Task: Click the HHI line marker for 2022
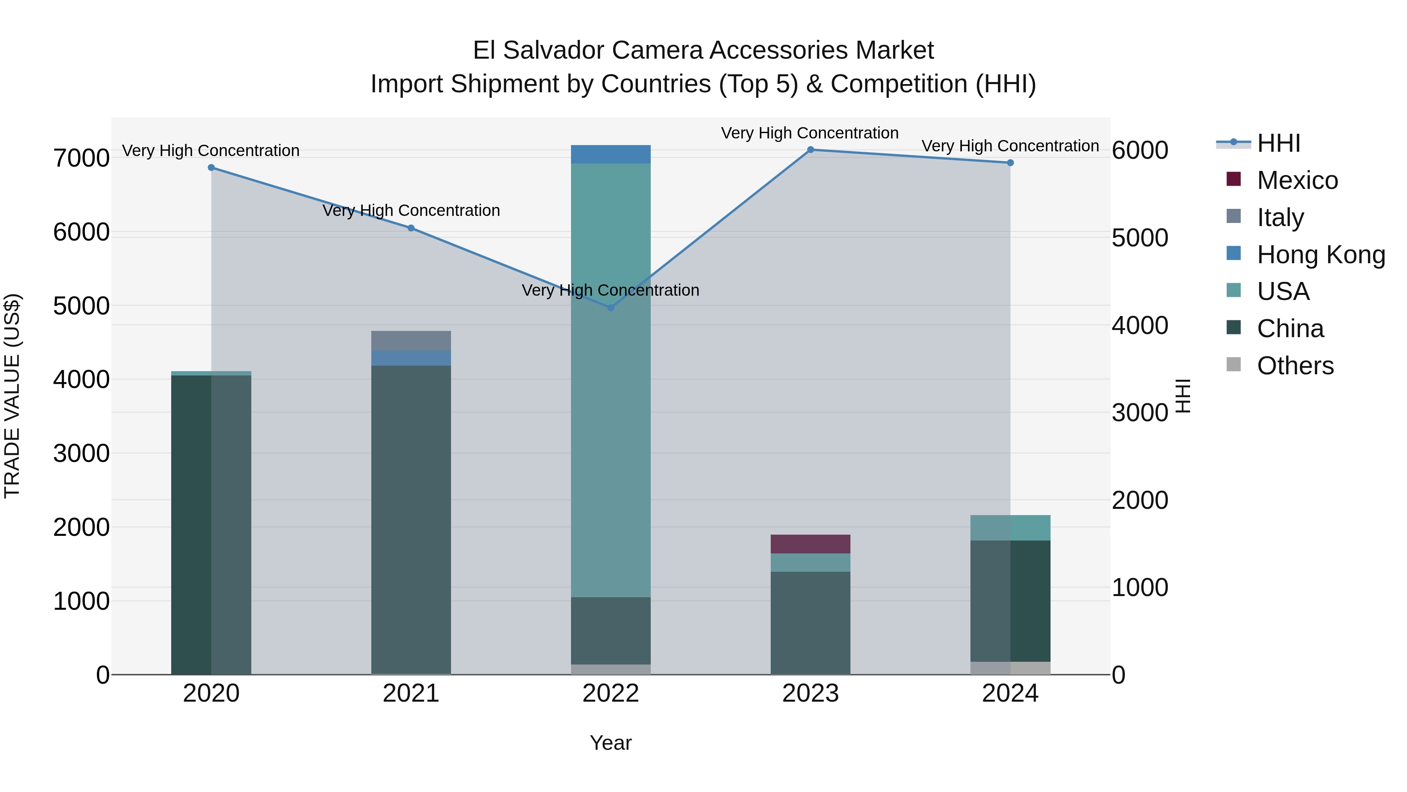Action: [610, 308]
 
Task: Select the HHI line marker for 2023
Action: [811, 150]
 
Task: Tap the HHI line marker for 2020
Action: [211, 168]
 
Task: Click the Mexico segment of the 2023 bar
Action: [811, 544]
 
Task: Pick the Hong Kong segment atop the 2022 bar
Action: [610, 154]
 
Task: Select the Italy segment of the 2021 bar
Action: [411, 341]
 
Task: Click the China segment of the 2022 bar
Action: [610, 630]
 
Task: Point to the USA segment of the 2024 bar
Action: [1010, 528]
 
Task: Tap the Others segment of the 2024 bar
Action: [1010, 668]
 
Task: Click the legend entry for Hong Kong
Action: [1320, 255]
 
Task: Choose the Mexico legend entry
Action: [1297, 180]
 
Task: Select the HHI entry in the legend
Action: [1278, 143]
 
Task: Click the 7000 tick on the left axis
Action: [81, 158]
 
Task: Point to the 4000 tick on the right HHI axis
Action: [1140, 325]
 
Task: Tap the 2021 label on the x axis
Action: [411, 693]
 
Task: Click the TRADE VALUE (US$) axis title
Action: [12, 396]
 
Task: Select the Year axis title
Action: [610, 743]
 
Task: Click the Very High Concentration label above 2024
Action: [1010, 146]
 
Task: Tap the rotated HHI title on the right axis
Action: [1183, 396]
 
